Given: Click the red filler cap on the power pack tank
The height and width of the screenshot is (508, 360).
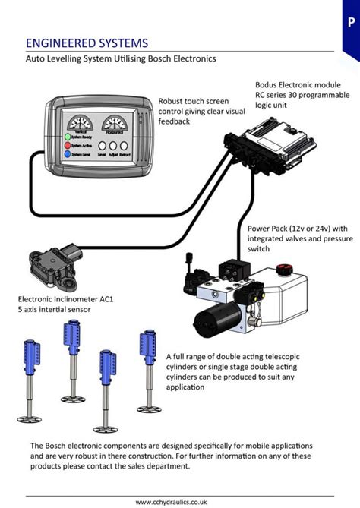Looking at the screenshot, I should point(284,269).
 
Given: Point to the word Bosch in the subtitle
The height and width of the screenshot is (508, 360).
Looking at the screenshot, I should point(169,58).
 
